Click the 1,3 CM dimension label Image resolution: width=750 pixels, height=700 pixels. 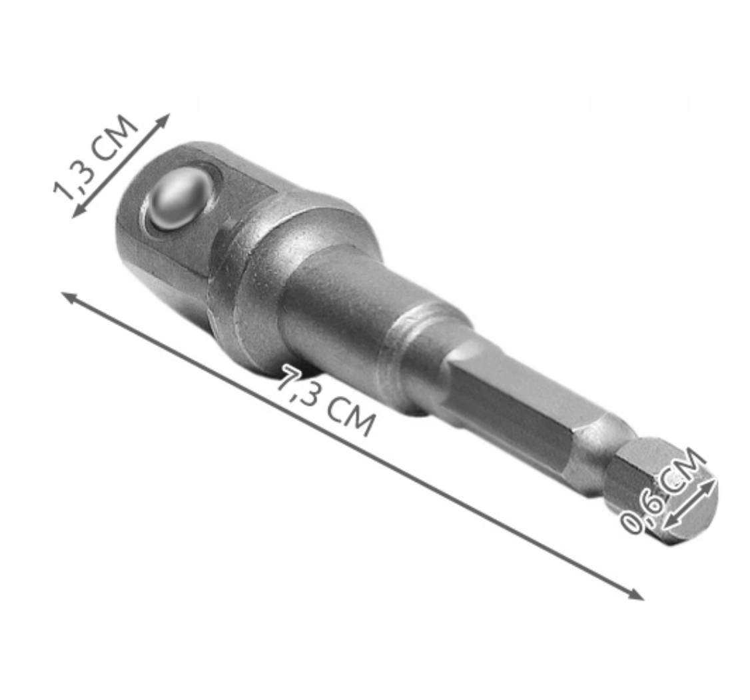[95, 158]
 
